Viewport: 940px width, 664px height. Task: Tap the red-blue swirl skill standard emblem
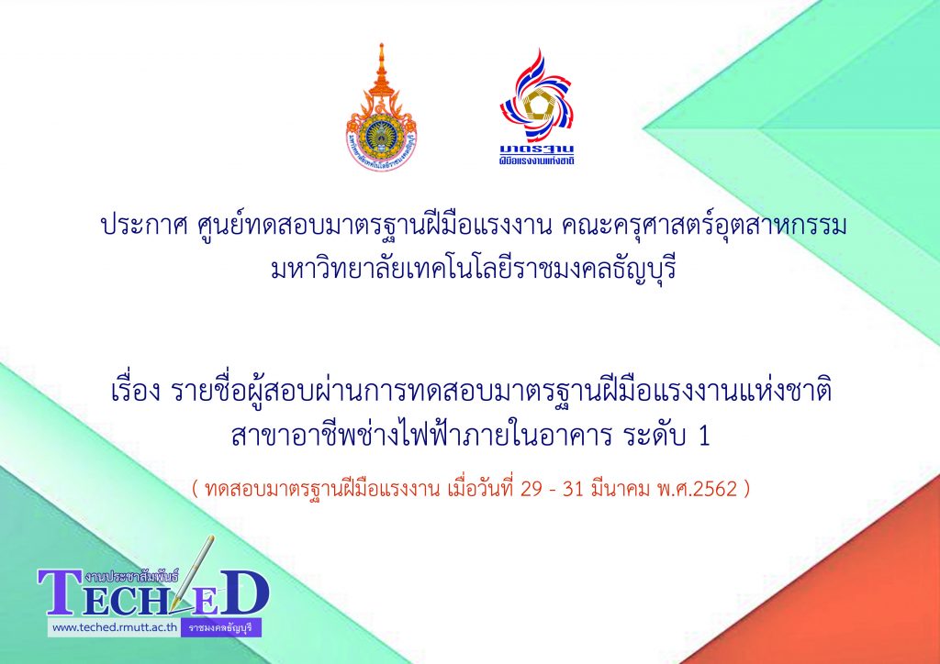click(x=537, y=94)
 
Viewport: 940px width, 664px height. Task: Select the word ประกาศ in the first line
click(x=140, y=227)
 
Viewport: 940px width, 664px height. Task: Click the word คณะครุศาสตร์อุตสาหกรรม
click(x=704, y=227)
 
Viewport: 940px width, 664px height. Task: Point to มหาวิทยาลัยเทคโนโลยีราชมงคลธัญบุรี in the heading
click(x=474, y=270)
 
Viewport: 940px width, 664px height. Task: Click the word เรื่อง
click(x=136, y=393)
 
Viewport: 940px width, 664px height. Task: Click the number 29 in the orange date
click(x=531, y=490)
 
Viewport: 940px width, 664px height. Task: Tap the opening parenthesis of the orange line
click(x=196, y=490)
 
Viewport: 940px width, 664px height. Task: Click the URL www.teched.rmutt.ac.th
click(x=114, y=627)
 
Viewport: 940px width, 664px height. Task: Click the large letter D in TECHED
click(x=242, y=592)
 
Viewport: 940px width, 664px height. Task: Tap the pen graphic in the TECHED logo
click(x=192, y=573)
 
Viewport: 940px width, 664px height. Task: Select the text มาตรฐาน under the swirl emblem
click(x=537, y=149)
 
